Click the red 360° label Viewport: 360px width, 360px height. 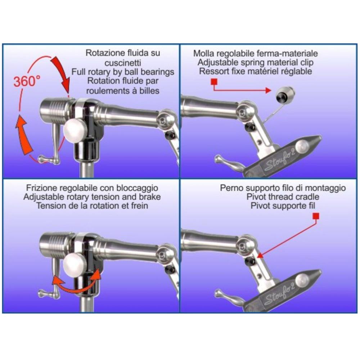tap(27, 81)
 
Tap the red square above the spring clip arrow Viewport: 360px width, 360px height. tap(214, 82)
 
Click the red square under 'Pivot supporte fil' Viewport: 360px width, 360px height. tap(316, 216)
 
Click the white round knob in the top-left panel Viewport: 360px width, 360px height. tap(75, 131)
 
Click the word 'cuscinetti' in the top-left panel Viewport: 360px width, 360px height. tap(123, 63)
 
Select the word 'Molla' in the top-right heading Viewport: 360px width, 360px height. tap(203, 53)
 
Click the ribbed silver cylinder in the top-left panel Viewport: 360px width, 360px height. tap(55, 109)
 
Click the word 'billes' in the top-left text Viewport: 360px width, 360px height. tap(149, 90)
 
